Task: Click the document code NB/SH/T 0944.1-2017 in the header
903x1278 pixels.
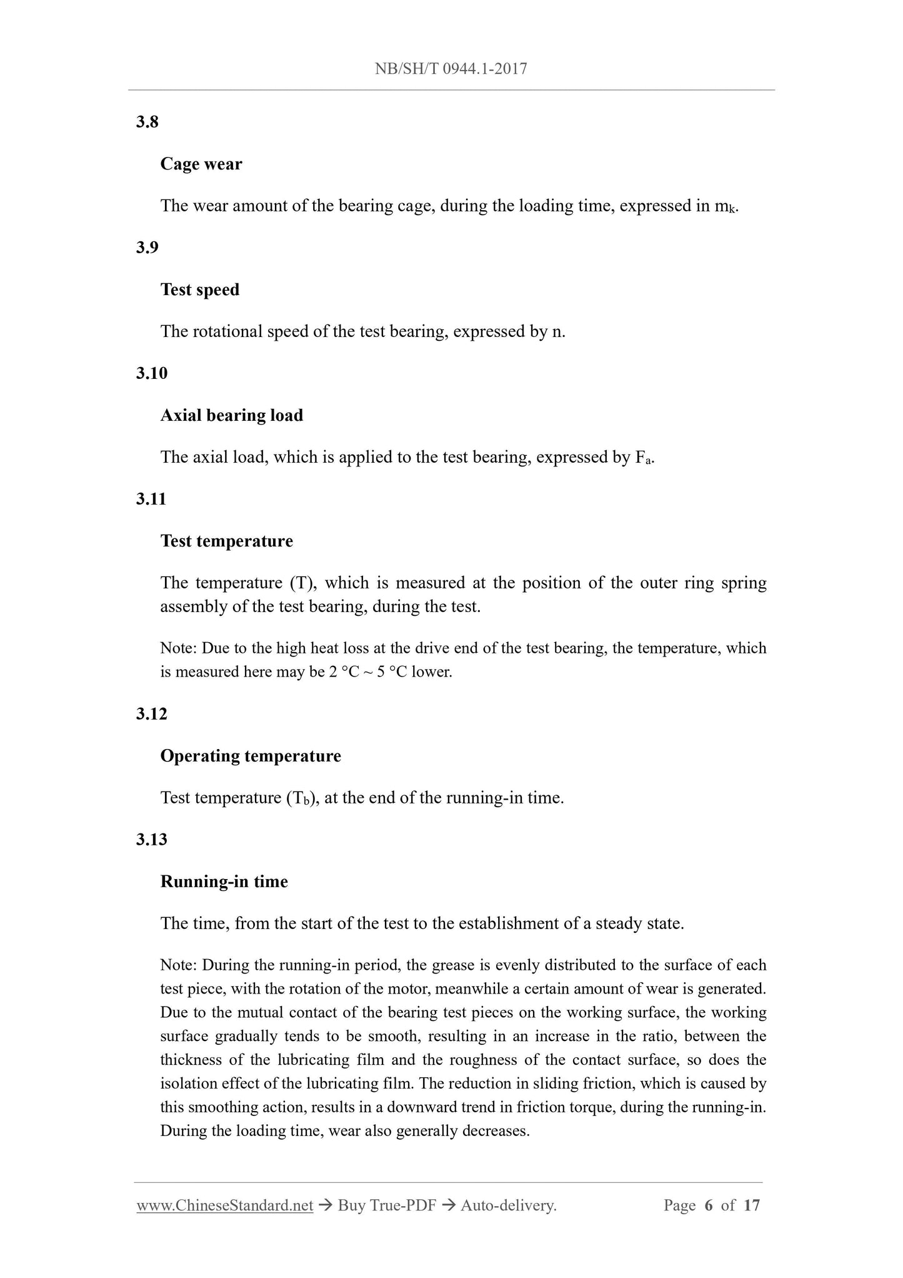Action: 451,69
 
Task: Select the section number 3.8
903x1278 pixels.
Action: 147,122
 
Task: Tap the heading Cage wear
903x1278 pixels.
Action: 201,164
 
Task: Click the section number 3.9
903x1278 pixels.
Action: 147,248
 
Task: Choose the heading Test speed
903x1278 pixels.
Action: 199,289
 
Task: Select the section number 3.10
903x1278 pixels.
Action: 151,373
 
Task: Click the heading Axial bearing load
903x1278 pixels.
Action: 231,415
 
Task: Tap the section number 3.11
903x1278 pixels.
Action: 151,499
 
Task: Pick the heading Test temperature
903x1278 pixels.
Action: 226,541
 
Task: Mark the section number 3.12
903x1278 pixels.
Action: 151,714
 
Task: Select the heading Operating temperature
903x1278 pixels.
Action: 251,756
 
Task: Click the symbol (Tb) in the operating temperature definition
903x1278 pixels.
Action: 302,798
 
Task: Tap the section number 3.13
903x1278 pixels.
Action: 151,840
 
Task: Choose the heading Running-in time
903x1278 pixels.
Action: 224,882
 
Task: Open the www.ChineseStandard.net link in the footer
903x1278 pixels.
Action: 224,1205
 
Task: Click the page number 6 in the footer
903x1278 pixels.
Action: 708,1205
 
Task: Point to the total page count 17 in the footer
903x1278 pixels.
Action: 752,1205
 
